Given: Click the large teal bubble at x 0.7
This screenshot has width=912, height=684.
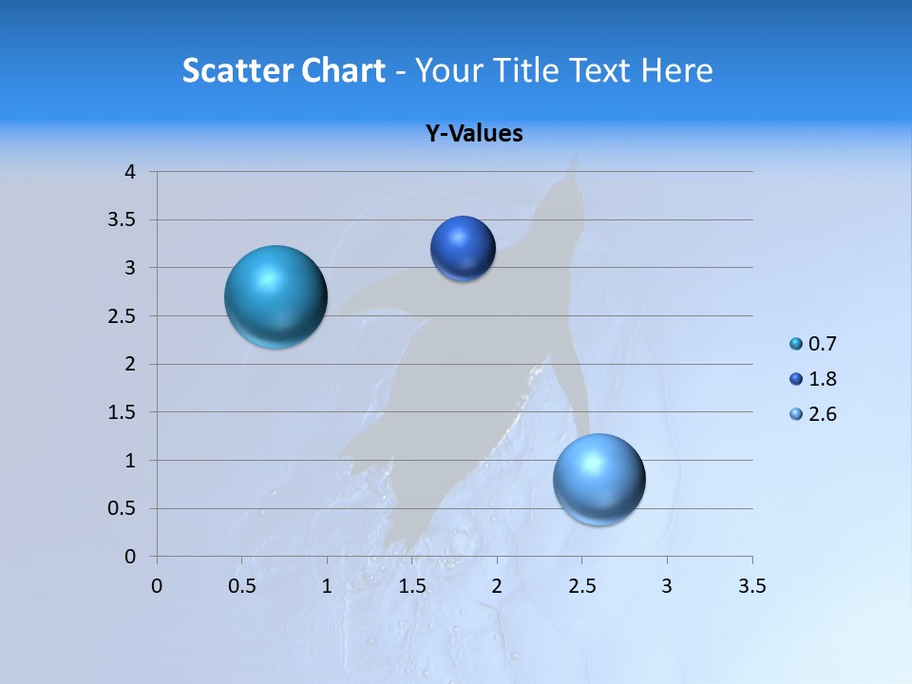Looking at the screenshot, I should pyautogui.click(x=275, y=296).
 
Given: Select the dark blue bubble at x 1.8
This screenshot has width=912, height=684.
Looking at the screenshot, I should pyautogui.click(x=463, y=249).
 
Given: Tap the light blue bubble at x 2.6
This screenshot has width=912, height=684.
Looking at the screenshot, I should pyautogui.click(x=598, y=479).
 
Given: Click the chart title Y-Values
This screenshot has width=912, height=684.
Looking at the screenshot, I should pyautogui.click(x=474, y=133).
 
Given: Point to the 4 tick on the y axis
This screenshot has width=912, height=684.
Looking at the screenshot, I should pyautogui.click(x=130, y=172).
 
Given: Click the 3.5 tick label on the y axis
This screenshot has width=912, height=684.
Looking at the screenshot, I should pyautogui.click(x=123, y=220).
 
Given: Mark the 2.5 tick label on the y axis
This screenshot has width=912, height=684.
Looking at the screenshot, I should pyautogui.click(x=123, y=316).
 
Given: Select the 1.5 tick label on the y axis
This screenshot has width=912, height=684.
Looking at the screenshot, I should pyautogui.click(x=123, y=412).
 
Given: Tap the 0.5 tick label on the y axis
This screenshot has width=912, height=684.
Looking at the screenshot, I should pyautogui.click(x=123, y=509).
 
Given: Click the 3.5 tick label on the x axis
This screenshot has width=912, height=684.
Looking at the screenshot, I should pyautogui.click(x=751, y=586).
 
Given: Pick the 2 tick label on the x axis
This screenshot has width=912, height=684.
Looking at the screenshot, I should pyautogui.click(x=497, y=586).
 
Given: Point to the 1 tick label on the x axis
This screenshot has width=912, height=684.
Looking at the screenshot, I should pyautogui.click(x=327, y=586).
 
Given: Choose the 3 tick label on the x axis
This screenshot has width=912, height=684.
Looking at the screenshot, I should pyautogui.click(x=667, y=586).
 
